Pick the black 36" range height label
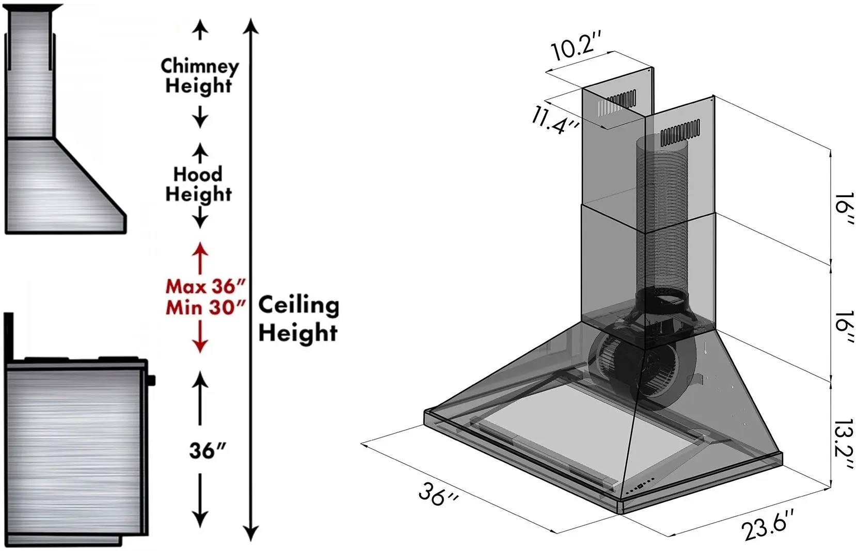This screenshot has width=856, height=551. [208, 450]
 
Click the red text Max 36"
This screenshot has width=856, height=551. [205, 286]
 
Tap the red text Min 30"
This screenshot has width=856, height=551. [205, 307]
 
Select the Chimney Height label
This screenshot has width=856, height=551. [199, 76]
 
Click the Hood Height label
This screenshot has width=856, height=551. [198, 184]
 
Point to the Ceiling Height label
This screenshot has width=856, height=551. [298, 319]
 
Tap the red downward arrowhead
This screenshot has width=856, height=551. [200, 345]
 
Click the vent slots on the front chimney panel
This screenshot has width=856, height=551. [680, 132]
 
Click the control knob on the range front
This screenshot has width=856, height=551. [151, 380]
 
